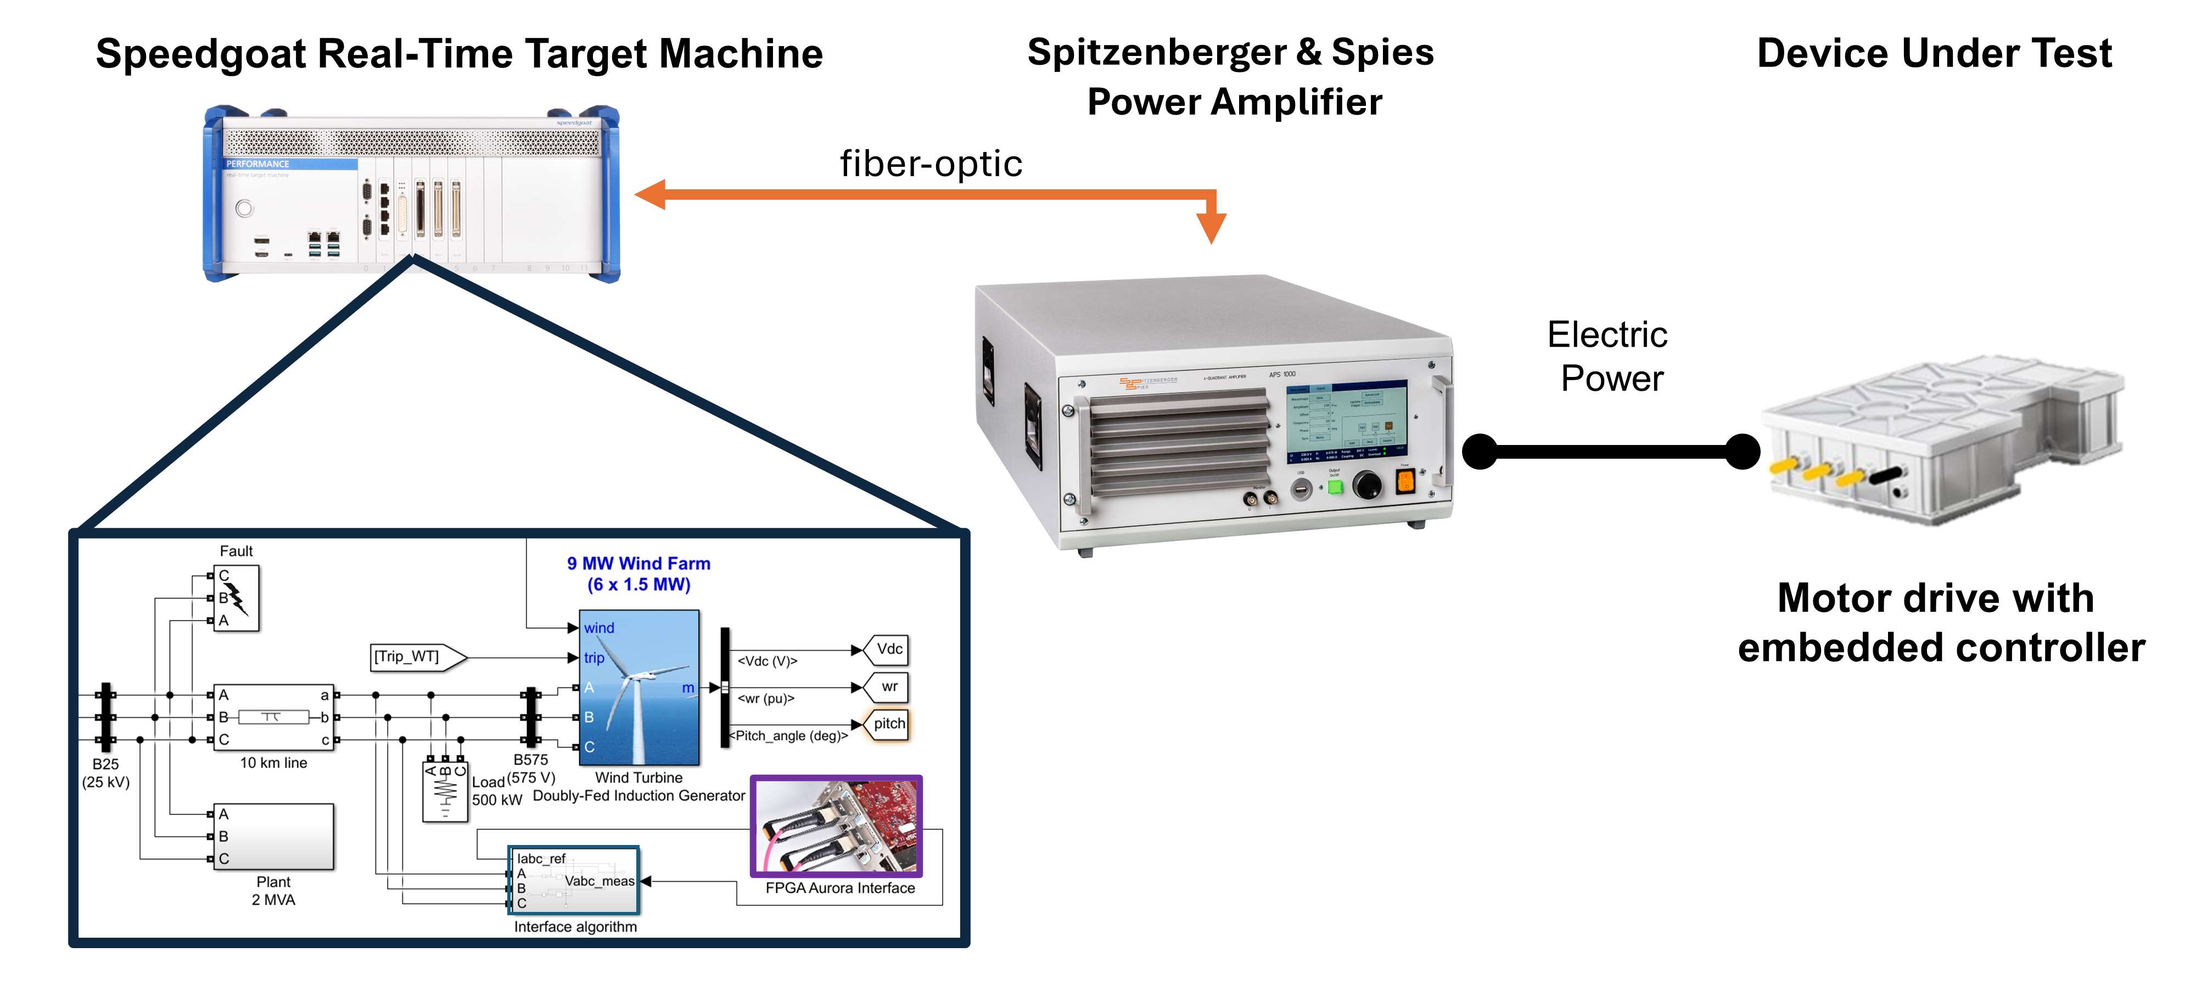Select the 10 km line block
click(x=273, y=717)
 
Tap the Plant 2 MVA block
click(x=273, y=836)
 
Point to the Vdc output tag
click(x=887, y=650)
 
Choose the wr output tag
click(x=887, y=687)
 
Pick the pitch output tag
click(x=887, y=724)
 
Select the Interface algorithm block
click(x=574, y=880)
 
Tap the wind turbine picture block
click(x=640, y=687)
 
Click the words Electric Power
click(x=1608, y=356)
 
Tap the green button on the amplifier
click(x=1335, y=487)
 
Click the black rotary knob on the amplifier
click(x=1368, y=486)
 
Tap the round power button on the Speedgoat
click(x=245, y=208)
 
